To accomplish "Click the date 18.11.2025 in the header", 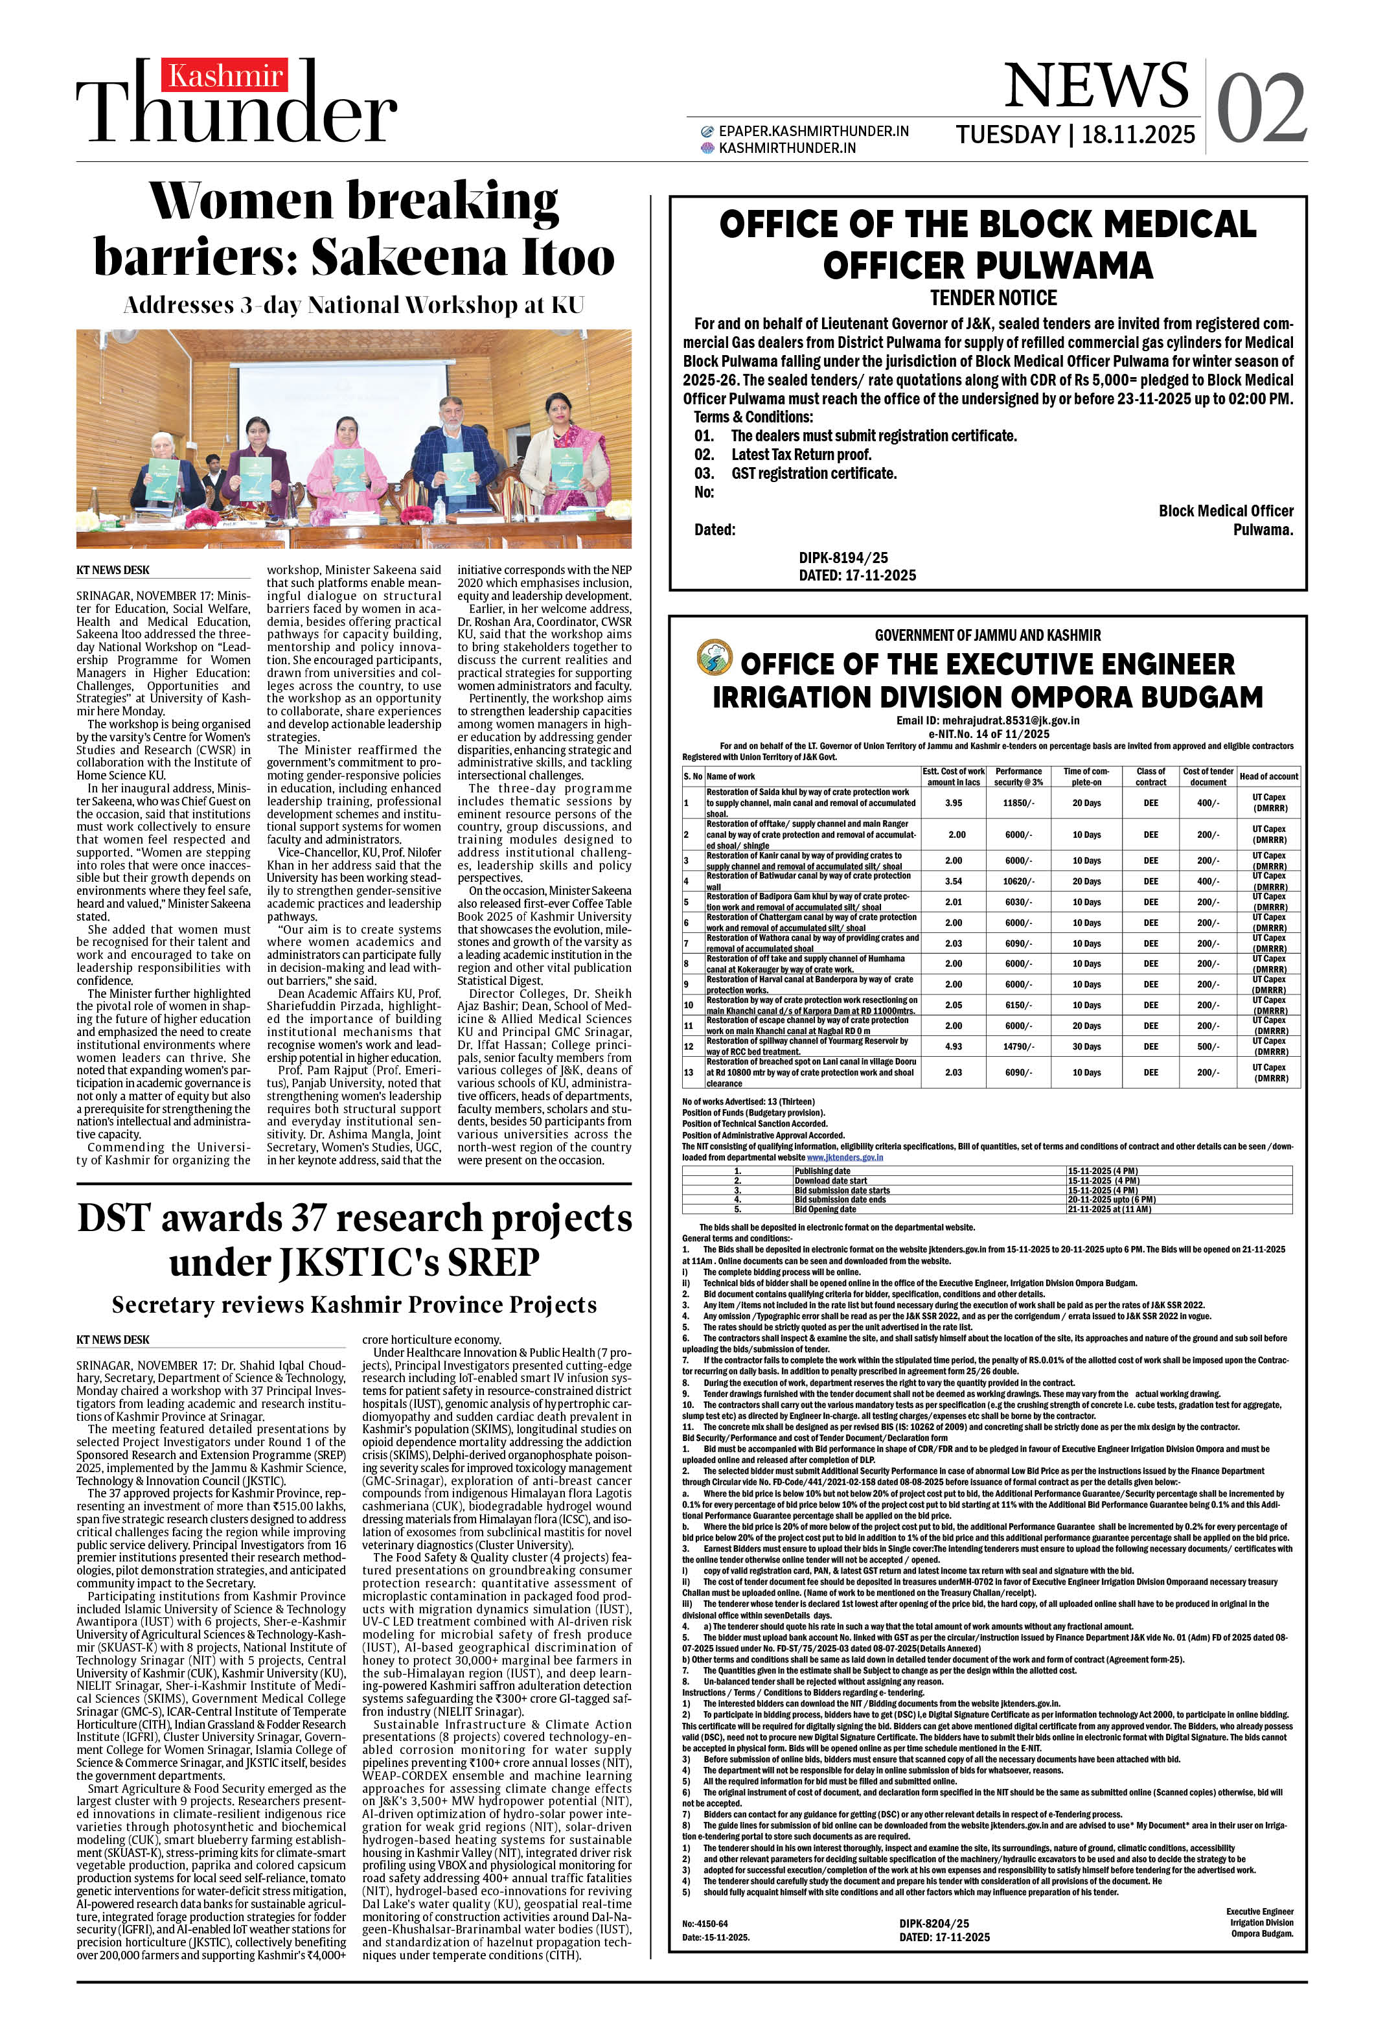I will click(1138, 135).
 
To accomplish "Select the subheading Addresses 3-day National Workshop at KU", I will click(354, 305).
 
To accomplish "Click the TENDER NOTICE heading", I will click(993, 299).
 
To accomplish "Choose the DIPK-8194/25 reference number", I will click(843, 558).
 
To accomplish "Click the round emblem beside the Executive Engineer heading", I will click(714, 658).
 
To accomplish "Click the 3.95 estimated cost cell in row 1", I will click(953, 803).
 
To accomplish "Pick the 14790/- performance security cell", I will click(1018, 1046).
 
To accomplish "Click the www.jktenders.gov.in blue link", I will click(844, 1157).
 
